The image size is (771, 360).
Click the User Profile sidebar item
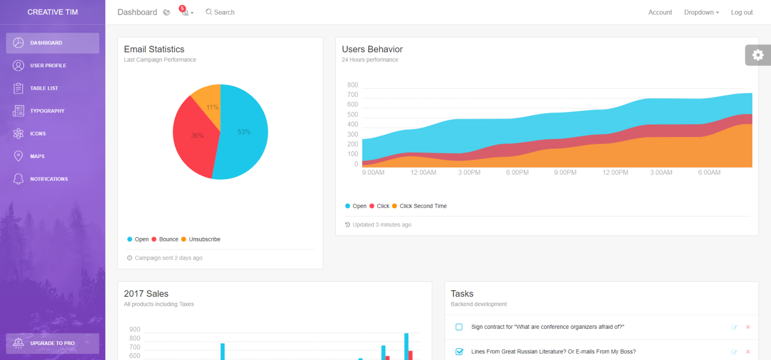click(48, 65)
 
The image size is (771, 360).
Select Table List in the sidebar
click(44, 88)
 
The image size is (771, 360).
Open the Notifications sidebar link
click(49, 179)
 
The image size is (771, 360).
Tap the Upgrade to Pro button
click(52, 343)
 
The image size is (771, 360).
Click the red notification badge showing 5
click(182, 9)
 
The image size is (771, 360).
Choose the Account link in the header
click(660, 12)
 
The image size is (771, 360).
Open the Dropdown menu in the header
click(701, 12)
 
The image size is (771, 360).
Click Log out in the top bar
click(741, 12)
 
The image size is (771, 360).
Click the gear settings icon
click(757, 55)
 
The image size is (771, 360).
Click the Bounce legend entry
click(168, 239)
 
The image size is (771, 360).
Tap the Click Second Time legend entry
click(423, 206)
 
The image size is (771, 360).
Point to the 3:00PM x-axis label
click(469, 173)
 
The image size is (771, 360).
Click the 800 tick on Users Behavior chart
click(352, 85)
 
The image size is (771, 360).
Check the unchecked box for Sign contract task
click(459, 327)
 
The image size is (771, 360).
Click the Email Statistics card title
click(154, 49)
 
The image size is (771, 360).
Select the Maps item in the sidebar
click(37, 156)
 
